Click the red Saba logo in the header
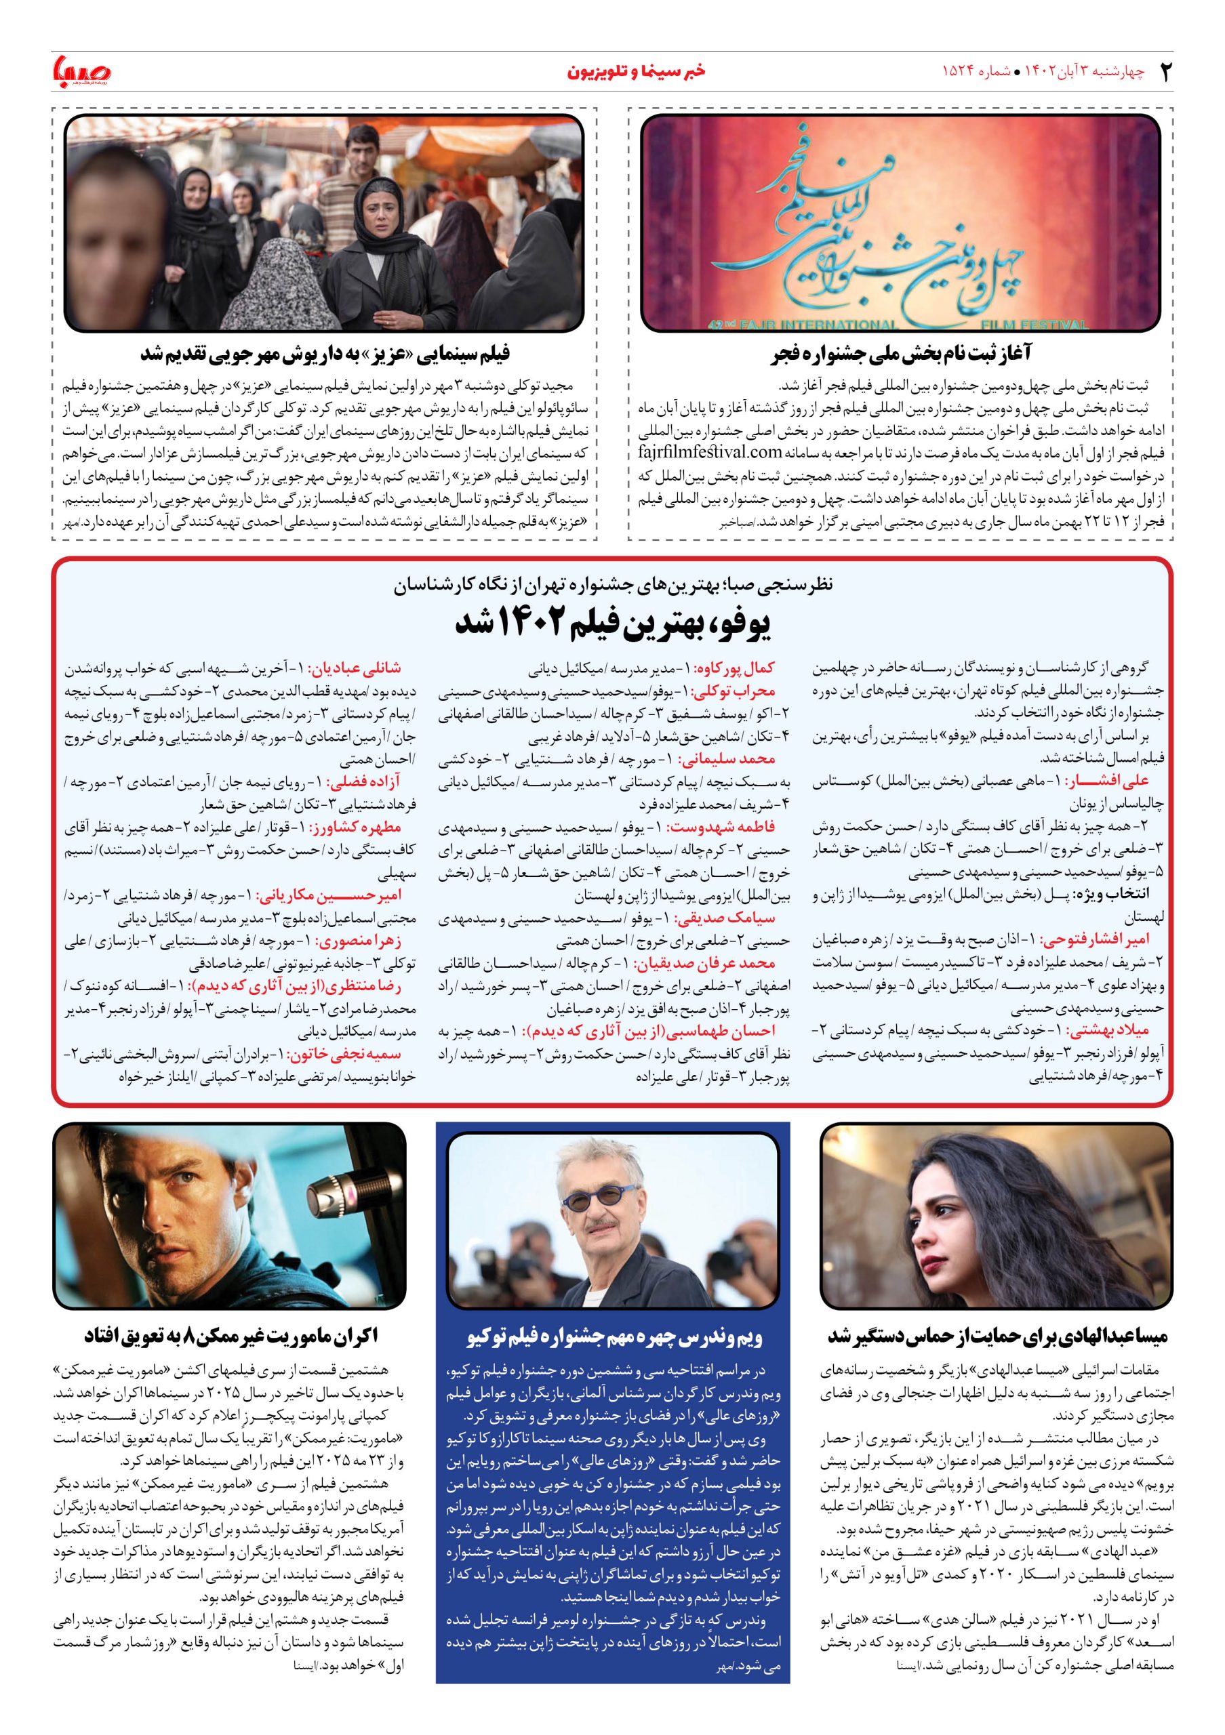pos(81,72)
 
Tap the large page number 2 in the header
pos(1165,72)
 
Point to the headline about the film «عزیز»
pos(325,354)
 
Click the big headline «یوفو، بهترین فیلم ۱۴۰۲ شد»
pos(612,624)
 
